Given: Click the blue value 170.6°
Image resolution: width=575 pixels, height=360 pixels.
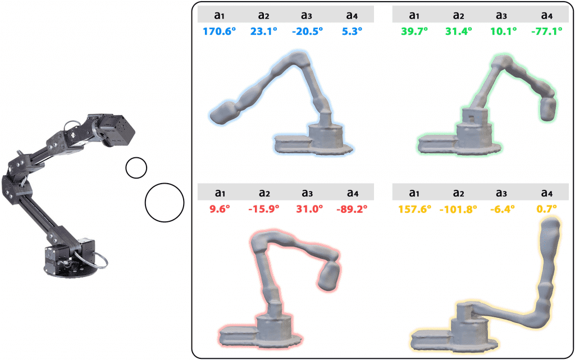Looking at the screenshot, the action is pos(219,31).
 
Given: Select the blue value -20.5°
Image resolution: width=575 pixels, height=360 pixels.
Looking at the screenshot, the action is pos(307,31).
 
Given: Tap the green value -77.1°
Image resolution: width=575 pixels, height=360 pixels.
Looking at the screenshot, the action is pos(546,31).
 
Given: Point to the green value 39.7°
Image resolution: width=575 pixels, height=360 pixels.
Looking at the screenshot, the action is pos(414,31).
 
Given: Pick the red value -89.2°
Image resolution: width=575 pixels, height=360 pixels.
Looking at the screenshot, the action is pos(352,209).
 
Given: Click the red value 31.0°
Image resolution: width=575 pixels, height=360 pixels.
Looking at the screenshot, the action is pos(309,209).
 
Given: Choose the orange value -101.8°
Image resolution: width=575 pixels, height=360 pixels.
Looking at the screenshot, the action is pos(458,209).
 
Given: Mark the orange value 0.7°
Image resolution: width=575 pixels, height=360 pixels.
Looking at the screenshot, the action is pos(546,209).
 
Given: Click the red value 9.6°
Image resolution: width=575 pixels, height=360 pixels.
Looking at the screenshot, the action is pos(220,209).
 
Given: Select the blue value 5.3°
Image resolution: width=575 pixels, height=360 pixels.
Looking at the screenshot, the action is pos(352,31).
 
